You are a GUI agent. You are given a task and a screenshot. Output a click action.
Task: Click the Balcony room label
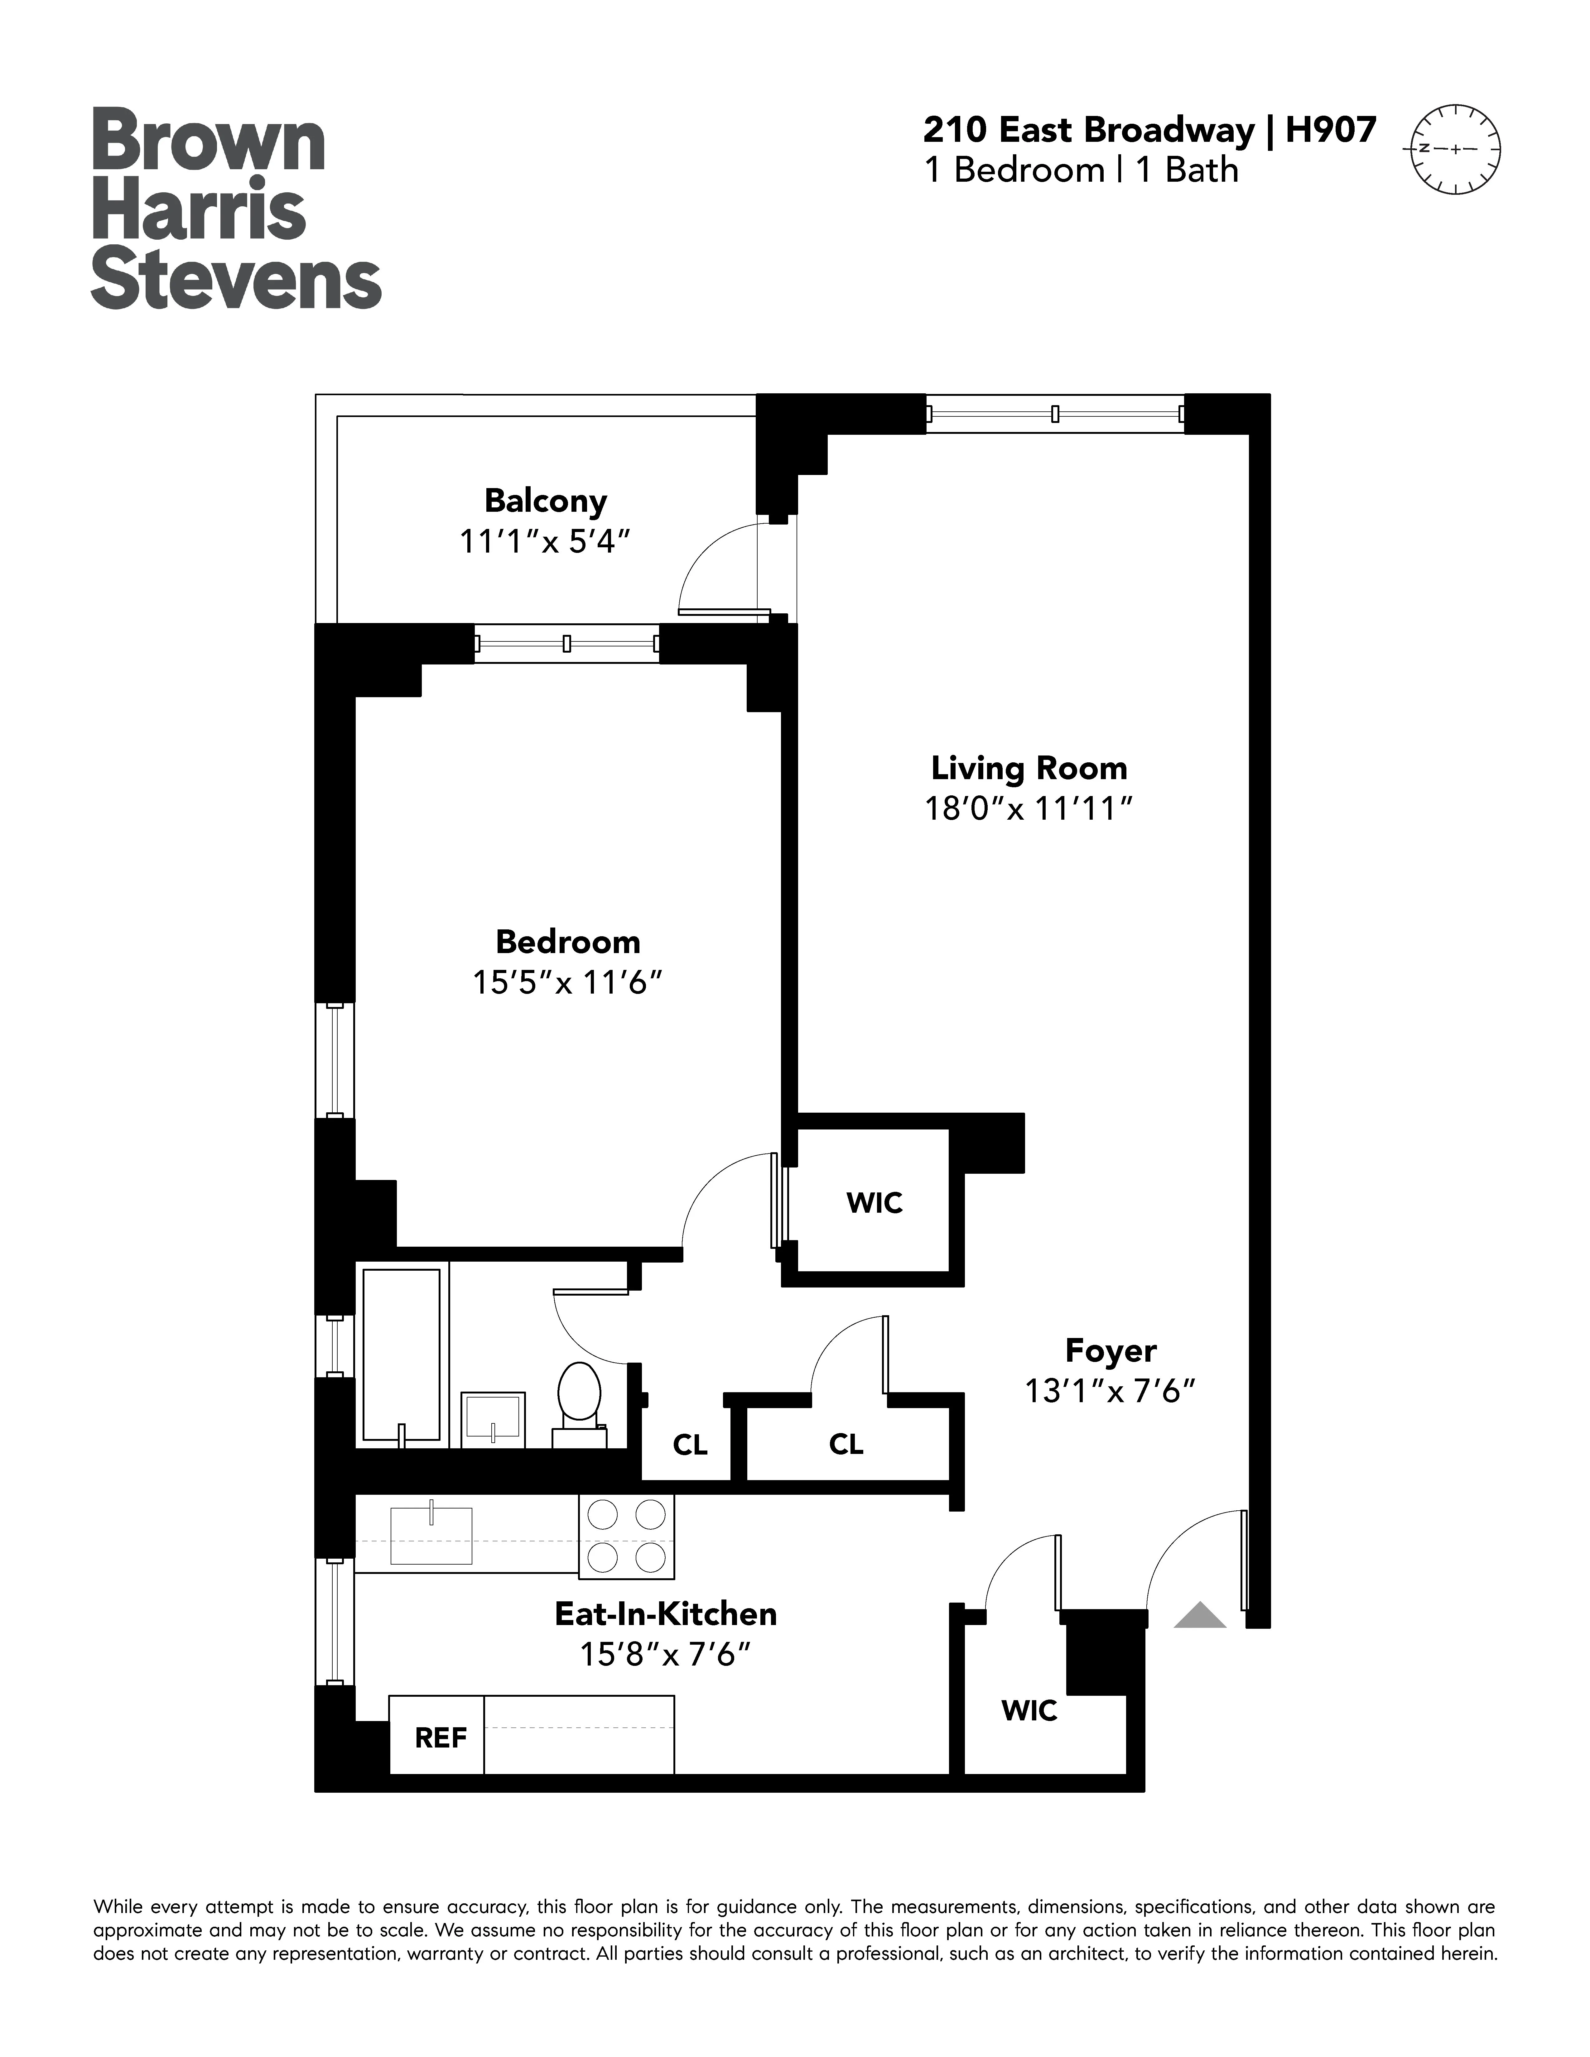click(x=545, y=500)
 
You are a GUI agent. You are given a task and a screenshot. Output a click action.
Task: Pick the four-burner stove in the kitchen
click(x=626, y=1536)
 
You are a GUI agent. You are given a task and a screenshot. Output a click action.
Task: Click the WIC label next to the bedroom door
click(x=874, y=1203)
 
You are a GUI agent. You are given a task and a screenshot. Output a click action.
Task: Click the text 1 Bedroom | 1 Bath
click(x=1081, y=170)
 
